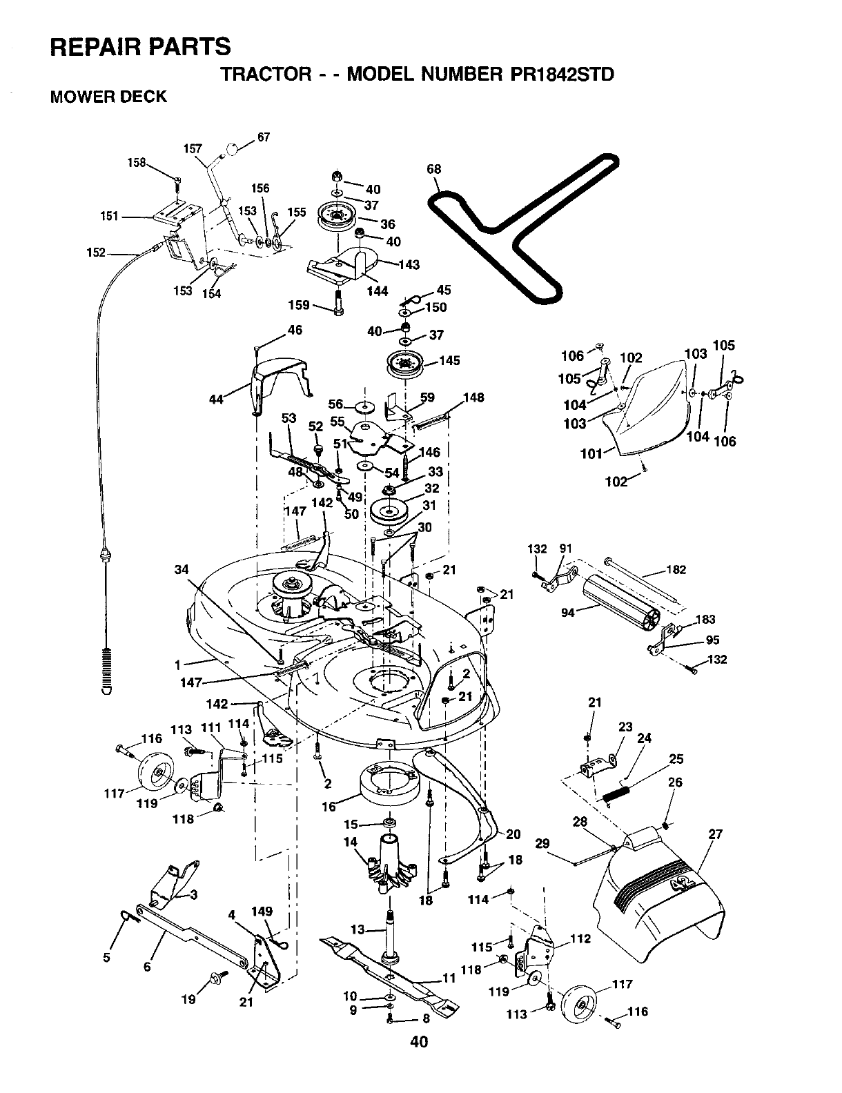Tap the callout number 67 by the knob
click(x=264, y=137)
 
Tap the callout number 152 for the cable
click(x=96, y=252)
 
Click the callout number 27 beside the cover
click(x=715, y=834)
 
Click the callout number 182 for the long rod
click(x=676, y=569)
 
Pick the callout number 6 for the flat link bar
click(x=147, y=967)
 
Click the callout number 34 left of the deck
click(x=182, y=569)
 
